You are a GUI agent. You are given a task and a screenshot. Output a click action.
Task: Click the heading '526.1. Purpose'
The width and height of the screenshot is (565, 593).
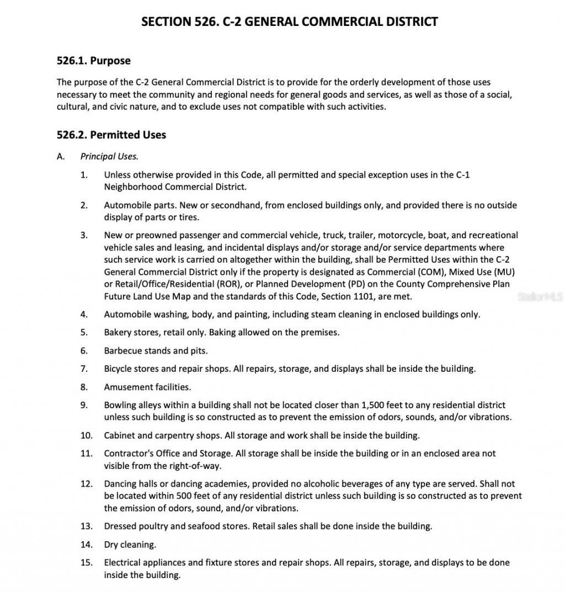tap(93, 61)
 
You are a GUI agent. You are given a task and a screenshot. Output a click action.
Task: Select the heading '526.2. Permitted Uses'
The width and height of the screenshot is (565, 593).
tap(111, 135)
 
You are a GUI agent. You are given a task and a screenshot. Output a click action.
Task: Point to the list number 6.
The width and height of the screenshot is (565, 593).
tap(84, 351)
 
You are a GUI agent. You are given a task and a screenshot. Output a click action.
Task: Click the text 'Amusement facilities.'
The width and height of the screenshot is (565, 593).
tap(147, 387)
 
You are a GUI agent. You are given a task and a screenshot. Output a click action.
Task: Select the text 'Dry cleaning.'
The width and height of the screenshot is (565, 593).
tap(130, 545)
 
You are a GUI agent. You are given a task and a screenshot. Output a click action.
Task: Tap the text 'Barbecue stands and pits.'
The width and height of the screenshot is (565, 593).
tap(156, 351)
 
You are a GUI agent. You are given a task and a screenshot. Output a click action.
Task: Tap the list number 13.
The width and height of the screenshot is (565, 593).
tap(86, 526)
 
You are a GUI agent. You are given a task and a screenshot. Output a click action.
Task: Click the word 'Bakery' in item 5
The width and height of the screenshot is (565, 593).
tap(118, 333)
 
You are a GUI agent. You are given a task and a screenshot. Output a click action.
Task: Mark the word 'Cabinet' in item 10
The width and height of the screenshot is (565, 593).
tap(119, 435)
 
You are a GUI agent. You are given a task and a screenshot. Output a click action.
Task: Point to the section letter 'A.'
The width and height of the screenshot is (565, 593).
tap(61, 156)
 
